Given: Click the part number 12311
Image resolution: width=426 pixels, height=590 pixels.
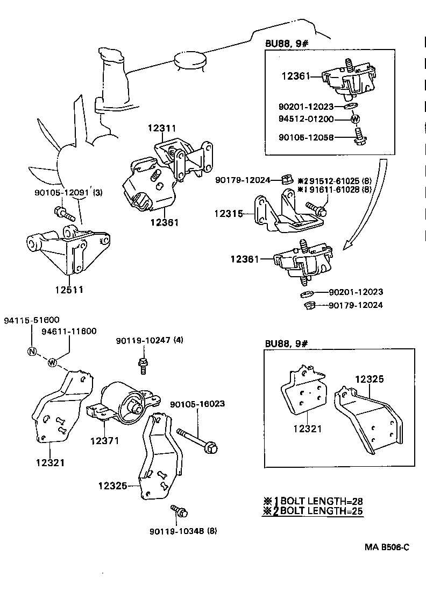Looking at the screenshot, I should click(162, 128).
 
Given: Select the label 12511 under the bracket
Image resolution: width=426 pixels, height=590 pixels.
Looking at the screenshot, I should click(69, 290).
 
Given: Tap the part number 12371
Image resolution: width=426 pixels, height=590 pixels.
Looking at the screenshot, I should click(104, 441).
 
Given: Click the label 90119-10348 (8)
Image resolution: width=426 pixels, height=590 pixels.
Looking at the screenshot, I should click(183, 531).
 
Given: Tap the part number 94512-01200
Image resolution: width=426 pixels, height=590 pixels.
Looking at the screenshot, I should click(306, 118).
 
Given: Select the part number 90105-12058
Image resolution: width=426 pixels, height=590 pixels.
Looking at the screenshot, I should click(306, 138).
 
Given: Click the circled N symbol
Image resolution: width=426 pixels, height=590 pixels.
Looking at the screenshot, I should click(31, 352).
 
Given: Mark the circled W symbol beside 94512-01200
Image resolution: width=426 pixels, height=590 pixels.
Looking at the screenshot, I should click(355, 119).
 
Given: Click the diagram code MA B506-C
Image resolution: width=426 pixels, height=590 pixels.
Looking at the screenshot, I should click(387, 547).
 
